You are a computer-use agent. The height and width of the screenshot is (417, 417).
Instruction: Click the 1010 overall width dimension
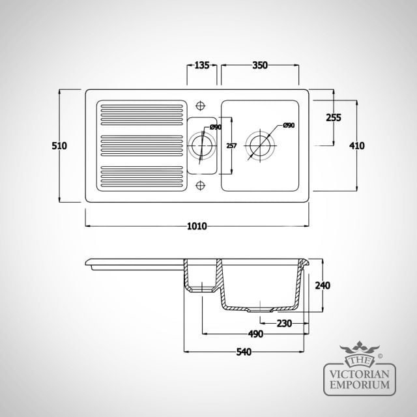pyautogui.click(x=197, y=226)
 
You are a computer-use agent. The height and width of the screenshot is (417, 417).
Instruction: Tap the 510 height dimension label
pyautogui.click(x=59, y=146)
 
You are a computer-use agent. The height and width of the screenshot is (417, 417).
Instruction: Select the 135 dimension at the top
pyautogui.click(x=202, y=65)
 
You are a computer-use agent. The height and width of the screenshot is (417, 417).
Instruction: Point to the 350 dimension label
pyautogui.click(x=260, y=65)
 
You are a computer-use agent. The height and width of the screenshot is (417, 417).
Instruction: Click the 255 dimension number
pyautogui.click(x=334, y=117)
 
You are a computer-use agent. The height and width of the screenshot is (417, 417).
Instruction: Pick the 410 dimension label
pyautogui.click(x=356, y=146)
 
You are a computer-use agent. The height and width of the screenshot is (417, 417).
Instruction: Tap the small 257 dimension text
pyautogui.click(x=231, y=146)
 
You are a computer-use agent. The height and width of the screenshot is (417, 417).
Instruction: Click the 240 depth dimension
pyautogui.click(x=323, y=285)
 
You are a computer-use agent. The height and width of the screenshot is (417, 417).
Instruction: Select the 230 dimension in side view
pyautogui.click(x=284, y=323)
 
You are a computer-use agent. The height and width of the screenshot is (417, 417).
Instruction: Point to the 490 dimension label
pyautogui.click(x=255, y=334)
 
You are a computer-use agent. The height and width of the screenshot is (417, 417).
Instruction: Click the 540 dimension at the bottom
pyautogui.click(x=244, y=352)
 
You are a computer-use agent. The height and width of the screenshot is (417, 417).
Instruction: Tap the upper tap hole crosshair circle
pyautogui.click(x=200, y=106)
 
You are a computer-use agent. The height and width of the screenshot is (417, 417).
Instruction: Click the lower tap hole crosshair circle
pyautogui.click(x=200, y=185)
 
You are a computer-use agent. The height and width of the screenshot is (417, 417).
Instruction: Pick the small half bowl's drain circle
pyautogui.click(x=202, y=136)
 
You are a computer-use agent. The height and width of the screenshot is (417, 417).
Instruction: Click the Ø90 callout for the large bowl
pyautogui.click(x=289, y=125)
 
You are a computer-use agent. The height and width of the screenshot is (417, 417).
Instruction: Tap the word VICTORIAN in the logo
pyautogui.click(x=360, y=375)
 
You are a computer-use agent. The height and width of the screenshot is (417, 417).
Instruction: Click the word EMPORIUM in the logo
pyautogui.click(x=360, y=385)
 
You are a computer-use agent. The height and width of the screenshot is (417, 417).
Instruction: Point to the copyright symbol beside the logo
pyautogui.click(x=380, y=356)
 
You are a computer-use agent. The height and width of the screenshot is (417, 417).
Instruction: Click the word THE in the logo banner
pyautogui.click(x=359, y=361)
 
